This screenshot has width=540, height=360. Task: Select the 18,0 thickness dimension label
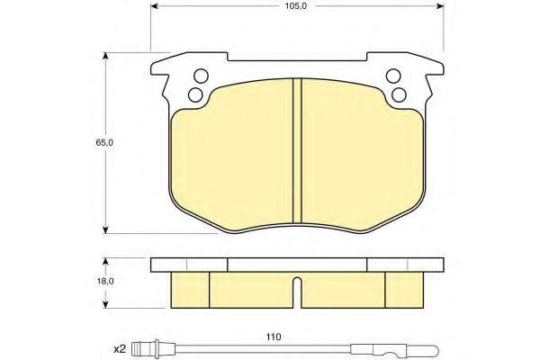pos(106,281)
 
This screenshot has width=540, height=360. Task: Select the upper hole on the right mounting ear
pos(392,76)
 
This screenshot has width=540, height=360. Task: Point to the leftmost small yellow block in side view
pos(189,287)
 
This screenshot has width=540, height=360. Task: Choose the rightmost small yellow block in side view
pos(404,287)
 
